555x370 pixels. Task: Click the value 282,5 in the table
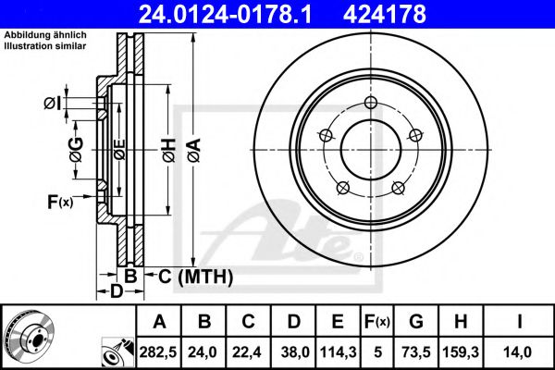coord(159,351)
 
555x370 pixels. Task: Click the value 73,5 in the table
coord(416,351)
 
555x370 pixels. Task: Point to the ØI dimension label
coord(53,104)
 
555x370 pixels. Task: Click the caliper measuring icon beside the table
coord(117,351)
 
